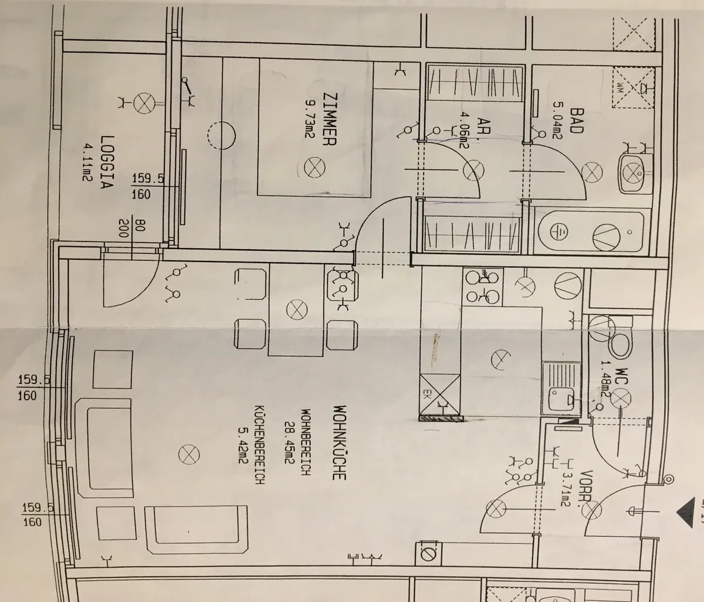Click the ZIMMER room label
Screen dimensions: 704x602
(x=329, y=119)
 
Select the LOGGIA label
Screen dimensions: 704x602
(x=107, y=162)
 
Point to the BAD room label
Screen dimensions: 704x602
(x=577, y=121)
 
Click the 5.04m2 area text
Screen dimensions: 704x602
(x=557, y=120)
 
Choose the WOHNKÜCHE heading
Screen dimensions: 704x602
(x=340, y=443)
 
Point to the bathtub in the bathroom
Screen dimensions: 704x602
(x=591, y=232)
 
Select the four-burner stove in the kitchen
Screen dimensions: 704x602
(x=483, y=287)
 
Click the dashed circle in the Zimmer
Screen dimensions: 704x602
(x=221, y=135)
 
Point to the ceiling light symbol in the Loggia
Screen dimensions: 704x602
(x=144, y=103)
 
